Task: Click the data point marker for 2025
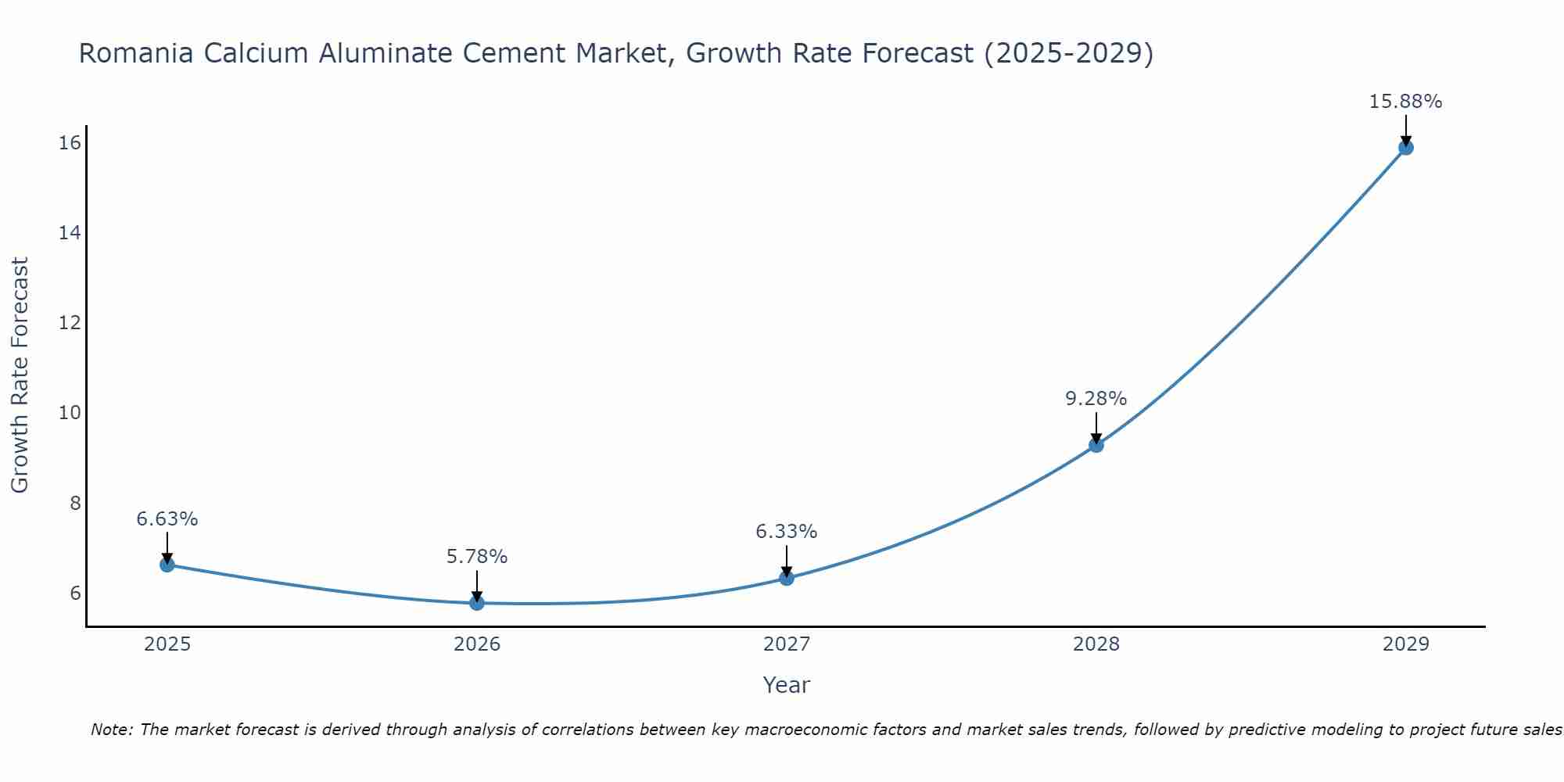pyautogui.click(x=167, y=565)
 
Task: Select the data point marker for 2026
pyautogui.click(x=477, y=603)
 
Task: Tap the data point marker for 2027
pyautogui.click(x=787, y=578)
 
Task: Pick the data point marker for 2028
pyautogui.click(x=1096, y=445)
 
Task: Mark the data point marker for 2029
pyautogui.click(x=1405, y=147)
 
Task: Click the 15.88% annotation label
pyautogui.click(x=1405, y=102)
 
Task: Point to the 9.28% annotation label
pyautogui.click(x=1096, y=399)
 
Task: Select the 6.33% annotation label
pyautogui.click(x=786, y=532)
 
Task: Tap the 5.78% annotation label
pyautogui.click(x=476, y=557)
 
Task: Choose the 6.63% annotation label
pyautogui.click(x=167, y=519)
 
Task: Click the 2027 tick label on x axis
pyautogui.click(x=787, y=644)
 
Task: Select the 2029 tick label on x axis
pyautogui.click(x=1405, y=644)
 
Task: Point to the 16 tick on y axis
pyautogui.click(x=70, y=142)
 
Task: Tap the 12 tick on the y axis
pyautogui.click(x=70, y=322)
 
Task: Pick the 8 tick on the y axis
pyautogui.click(x=75, y=503)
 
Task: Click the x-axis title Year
pyautogui.click(x=786, y=685)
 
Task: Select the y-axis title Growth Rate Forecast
pyautogui.click(x=20, y=375)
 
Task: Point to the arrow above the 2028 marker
pyautogui.click(x=1096, y=429)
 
